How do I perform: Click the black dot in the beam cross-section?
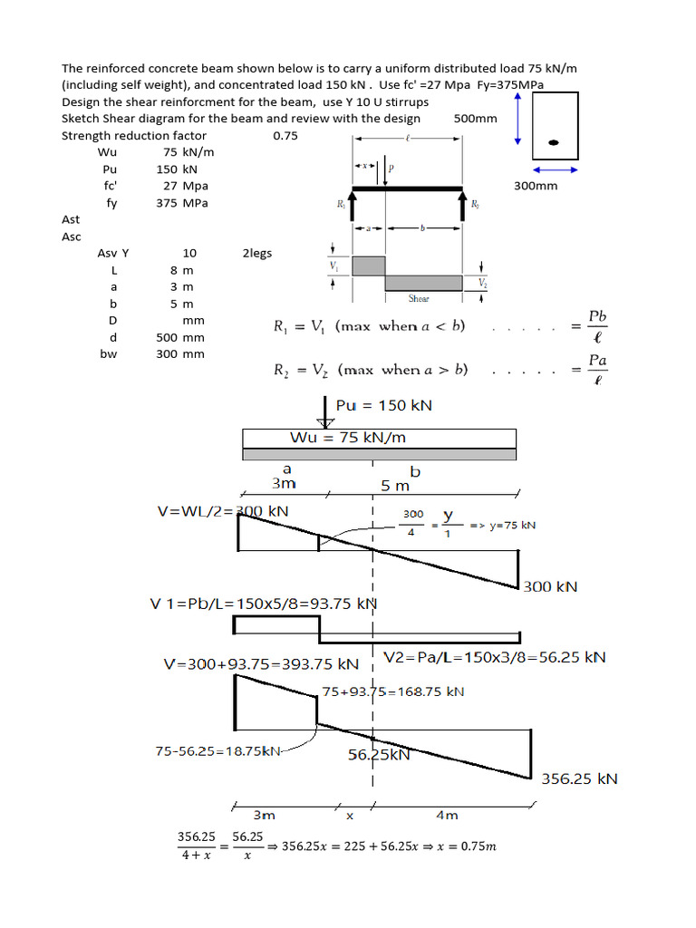(x=554, y=142)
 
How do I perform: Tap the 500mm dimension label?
(x=475, y=118)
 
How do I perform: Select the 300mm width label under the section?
(x=536, y=186)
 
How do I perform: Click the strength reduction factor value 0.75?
(x=285, y=136)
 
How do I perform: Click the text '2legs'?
(x=256, y=254)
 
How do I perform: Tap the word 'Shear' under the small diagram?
(x=419, y=298)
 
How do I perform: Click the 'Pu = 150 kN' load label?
(x=383, y=405)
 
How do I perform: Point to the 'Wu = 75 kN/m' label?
(x=348, y=438)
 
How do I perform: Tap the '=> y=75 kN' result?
(x=502, y=526)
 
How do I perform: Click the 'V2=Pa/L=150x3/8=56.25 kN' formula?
(x=495, y=657)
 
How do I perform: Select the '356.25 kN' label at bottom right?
(x=579, y=778)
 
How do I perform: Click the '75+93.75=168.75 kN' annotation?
(x=393, y=691)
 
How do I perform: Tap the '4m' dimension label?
(x=447, y=815)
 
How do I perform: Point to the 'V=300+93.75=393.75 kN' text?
(x=261, y=664)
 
